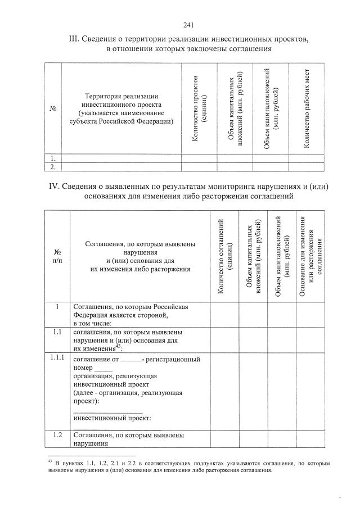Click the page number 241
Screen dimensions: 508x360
(x=188, y=25)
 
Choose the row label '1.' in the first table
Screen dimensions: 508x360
(x=52, y=158)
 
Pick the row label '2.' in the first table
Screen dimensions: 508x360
(x=52, y=167)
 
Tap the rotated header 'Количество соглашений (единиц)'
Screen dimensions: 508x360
(x=225, y=256)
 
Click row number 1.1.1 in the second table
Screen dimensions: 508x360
(x=57, y=358)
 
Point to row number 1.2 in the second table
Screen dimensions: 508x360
(x=57, y=435)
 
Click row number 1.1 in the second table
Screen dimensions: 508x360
(x=57, y=333)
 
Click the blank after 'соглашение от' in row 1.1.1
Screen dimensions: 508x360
(x=132, y=359)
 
